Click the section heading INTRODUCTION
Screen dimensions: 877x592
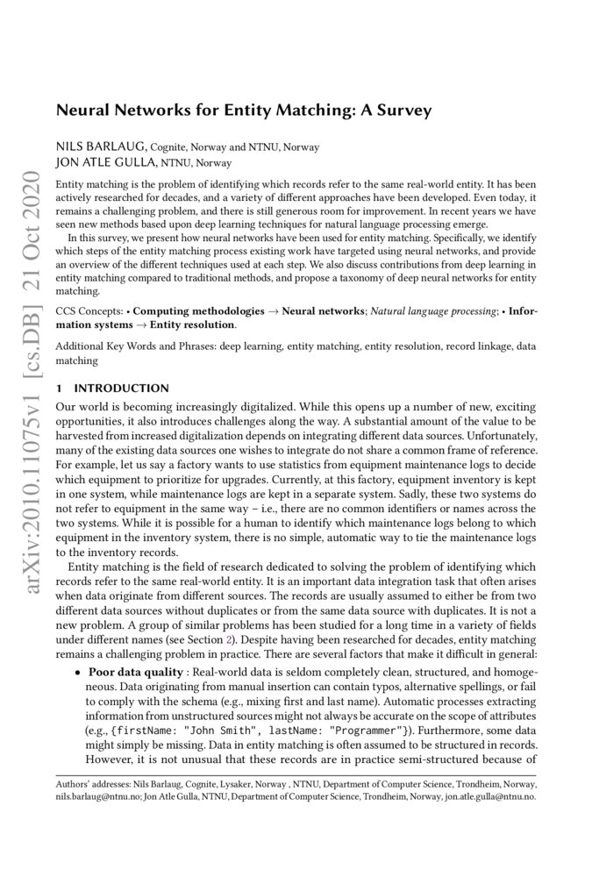click(x=121, y=388)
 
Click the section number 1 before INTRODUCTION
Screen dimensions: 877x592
click(x=58, y=388)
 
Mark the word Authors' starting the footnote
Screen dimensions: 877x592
click(x=73, y=783)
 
